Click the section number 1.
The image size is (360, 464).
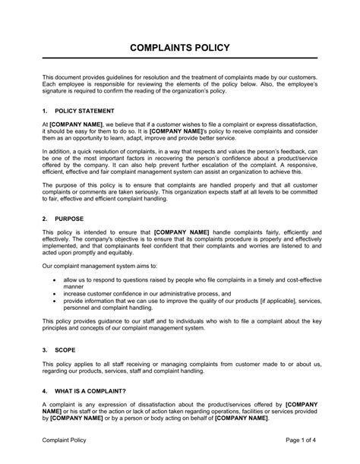tap(45, 110)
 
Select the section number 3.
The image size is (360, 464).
tap(45, 352)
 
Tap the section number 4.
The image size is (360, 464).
tap(45, 390)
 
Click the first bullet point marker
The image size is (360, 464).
tap(54, 279)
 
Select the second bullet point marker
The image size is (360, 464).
tap(54, 292)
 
